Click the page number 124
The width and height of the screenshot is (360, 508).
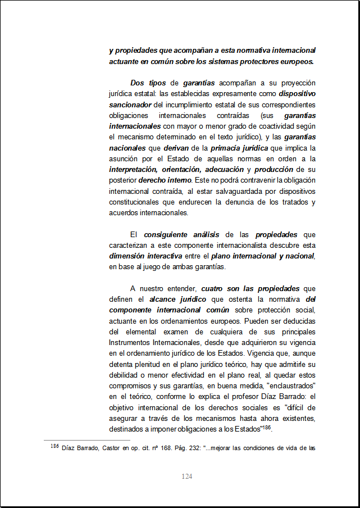point(187,477)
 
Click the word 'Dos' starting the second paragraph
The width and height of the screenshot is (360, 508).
point(138,83)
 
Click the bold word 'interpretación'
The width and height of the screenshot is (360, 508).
point(134,170)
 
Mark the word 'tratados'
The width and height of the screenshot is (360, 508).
point(291,202)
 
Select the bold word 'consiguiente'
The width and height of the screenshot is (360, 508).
point(166,235)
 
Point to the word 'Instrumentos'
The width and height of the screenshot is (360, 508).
point(131,343)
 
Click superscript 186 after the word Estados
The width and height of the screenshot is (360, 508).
point(268,428)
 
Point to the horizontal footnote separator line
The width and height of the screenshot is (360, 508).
point(87,441)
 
